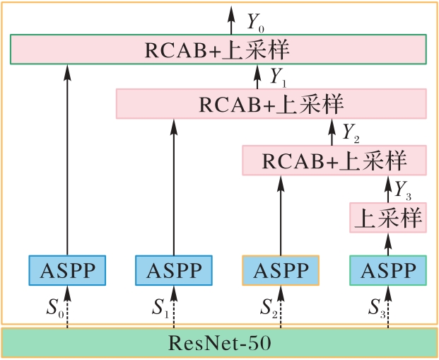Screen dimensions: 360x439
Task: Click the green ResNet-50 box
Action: (x=219, y=344)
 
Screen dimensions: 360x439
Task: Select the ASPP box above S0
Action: (x=67, y=270)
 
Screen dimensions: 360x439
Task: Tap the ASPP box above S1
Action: (x=174, y=270)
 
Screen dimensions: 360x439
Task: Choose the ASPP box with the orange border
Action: (x=281, y=270)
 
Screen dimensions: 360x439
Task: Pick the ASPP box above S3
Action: (x=388, y=270)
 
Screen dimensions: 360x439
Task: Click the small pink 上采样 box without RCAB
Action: (x=388, y=218)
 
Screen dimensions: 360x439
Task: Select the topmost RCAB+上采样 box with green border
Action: (x=218, y=51)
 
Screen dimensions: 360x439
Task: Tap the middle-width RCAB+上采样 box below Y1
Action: (x=271, y=104)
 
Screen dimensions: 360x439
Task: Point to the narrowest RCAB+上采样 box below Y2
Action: (x=334, y=161)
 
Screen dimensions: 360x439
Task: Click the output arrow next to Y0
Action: (x=230, y=21)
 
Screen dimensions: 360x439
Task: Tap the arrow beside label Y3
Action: (x=387, y=189)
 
